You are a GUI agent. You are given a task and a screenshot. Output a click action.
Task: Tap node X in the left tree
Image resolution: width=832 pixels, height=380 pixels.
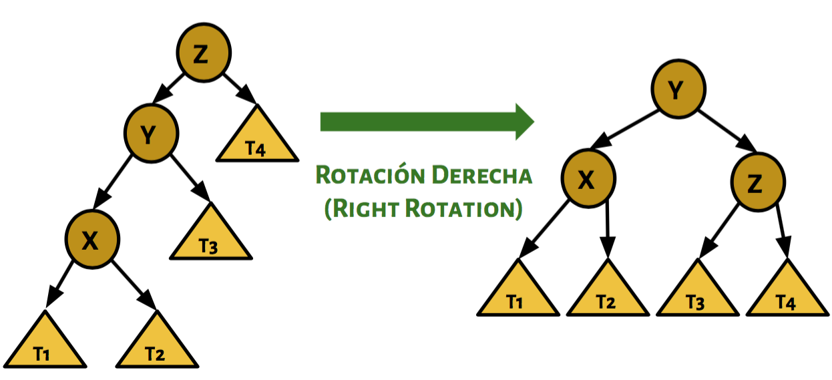[91, 240]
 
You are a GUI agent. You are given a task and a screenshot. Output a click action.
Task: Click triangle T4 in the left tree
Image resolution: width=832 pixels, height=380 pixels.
[256, 143]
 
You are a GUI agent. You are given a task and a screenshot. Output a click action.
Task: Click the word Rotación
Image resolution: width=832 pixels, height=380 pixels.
[369, 175]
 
